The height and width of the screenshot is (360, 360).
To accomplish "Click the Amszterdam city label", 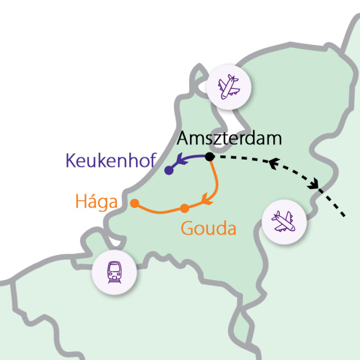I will pos(229,138).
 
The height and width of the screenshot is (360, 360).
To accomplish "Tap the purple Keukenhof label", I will pos(110,161).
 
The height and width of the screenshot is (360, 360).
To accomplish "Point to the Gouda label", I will pos(208,228).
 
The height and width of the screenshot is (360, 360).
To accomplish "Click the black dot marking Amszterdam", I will pos(209,156).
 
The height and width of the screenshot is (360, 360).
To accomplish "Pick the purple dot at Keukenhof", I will pos(168,170).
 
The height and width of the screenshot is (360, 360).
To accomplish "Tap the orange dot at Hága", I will pos(134,203).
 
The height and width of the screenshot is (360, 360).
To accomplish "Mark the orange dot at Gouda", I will pos(184,209).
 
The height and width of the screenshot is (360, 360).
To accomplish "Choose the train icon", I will pos(114,272).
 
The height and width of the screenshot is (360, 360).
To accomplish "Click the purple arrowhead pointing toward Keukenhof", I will pos(179,161).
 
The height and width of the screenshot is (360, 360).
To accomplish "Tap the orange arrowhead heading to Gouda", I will pos(206,198).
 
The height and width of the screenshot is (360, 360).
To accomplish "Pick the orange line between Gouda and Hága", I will pos(160,211).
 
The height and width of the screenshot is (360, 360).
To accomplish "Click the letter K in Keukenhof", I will pos(72,161).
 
